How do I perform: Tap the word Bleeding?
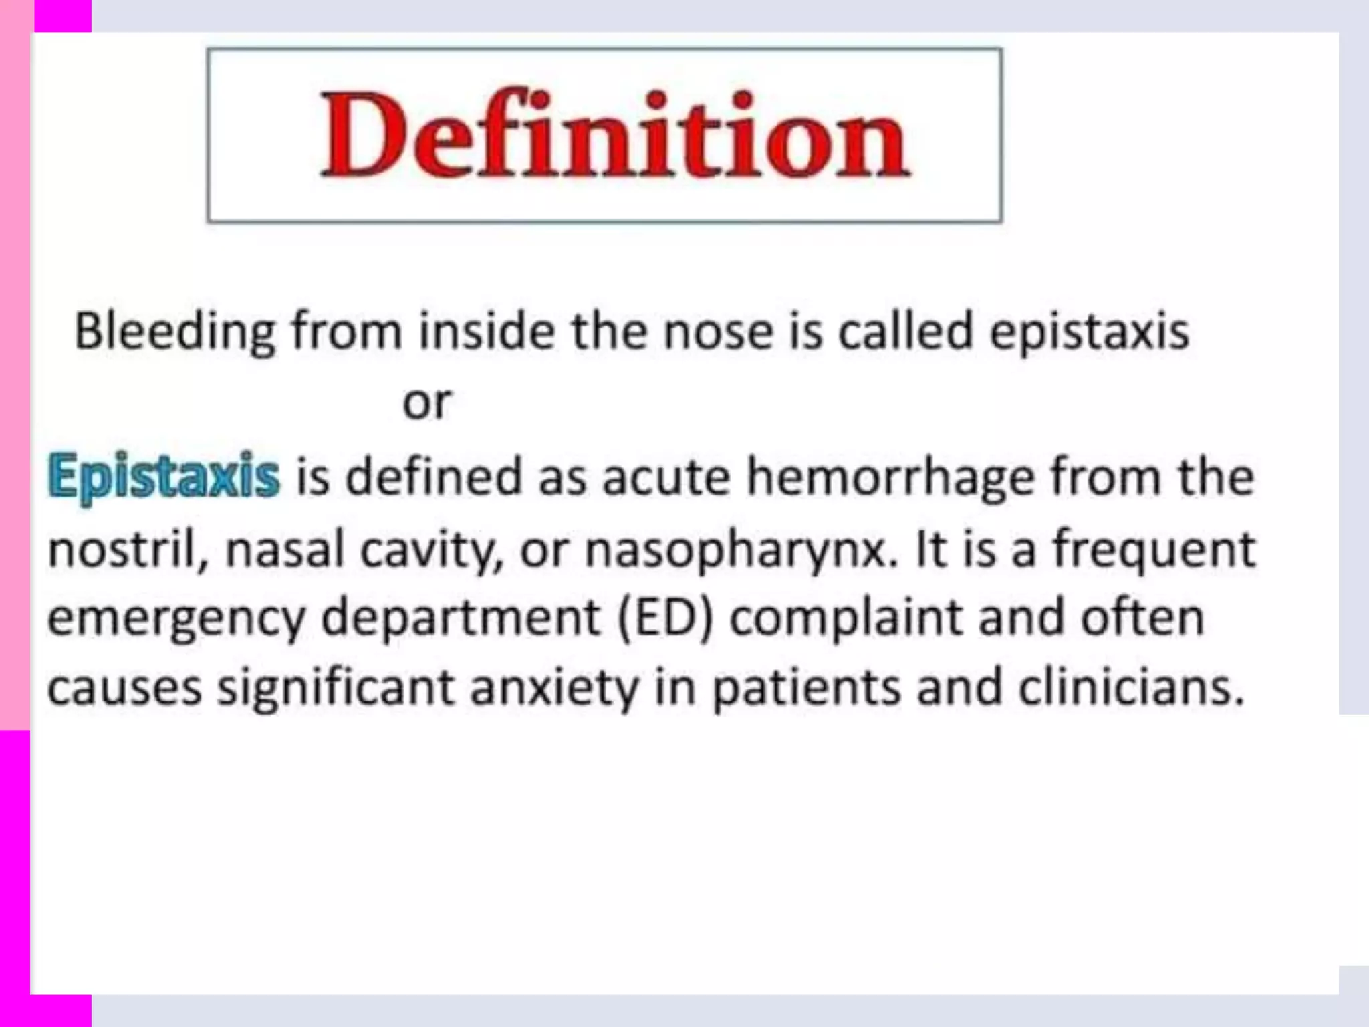[174, 332]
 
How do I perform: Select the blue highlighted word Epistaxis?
[164, 476]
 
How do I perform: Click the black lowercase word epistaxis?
[1089, 332]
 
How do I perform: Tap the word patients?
[806, 689]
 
